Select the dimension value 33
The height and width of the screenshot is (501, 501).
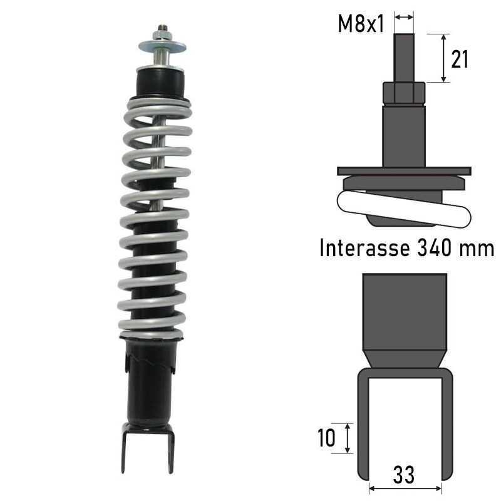coord(405,475)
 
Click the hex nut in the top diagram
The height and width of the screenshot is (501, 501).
coord(404,94)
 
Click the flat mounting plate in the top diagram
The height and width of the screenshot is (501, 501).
coord(404,170)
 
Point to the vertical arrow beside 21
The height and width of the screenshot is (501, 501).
coord(443,58)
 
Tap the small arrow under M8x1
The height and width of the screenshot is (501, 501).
coord(405,18)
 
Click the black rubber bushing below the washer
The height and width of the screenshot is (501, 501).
coord(161,81)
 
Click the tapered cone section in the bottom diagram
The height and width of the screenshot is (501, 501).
coord(405,359)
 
